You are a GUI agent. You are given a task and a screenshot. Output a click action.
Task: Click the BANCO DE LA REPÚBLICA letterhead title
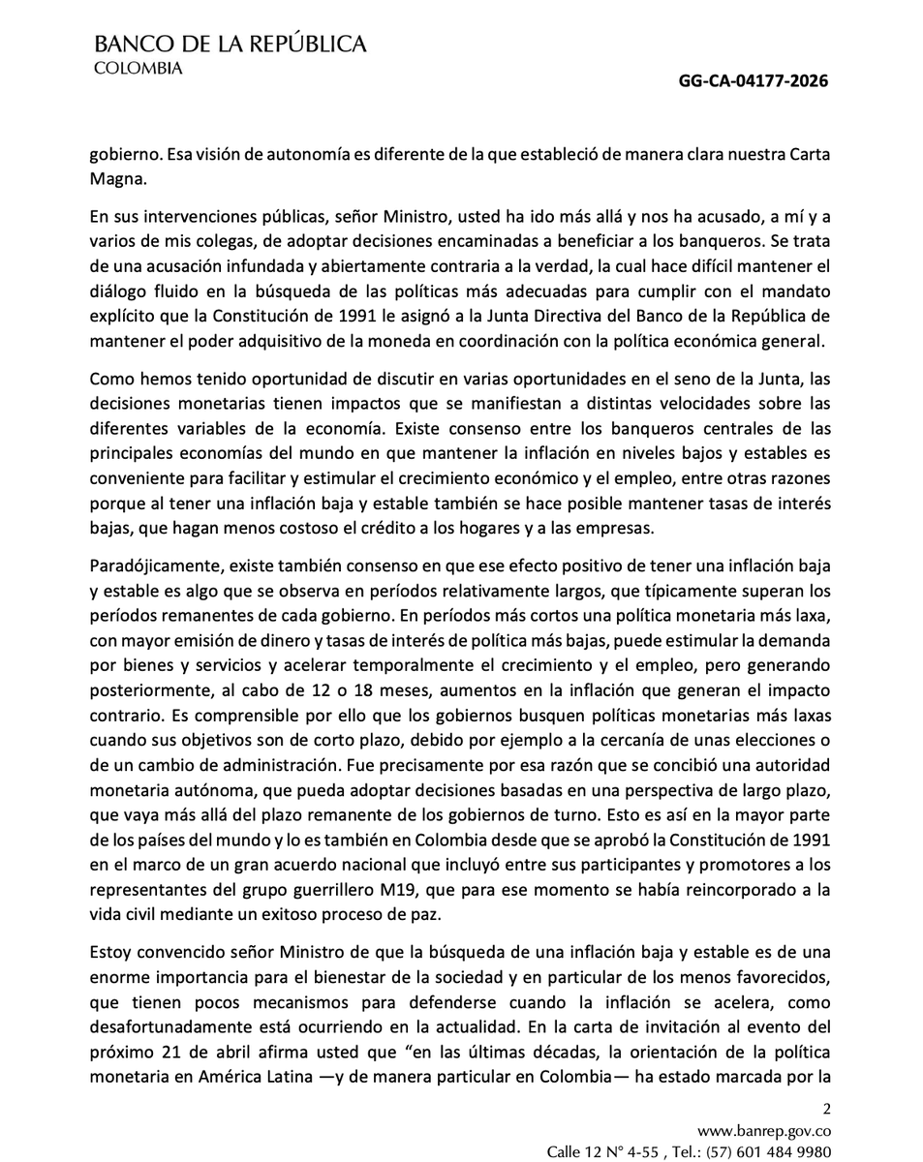point(230,44)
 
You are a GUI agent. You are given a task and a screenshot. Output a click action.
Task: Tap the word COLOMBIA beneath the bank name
point(137,68)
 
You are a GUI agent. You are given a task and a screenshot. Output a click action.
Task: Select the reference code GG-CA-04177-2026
point(753,81)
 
